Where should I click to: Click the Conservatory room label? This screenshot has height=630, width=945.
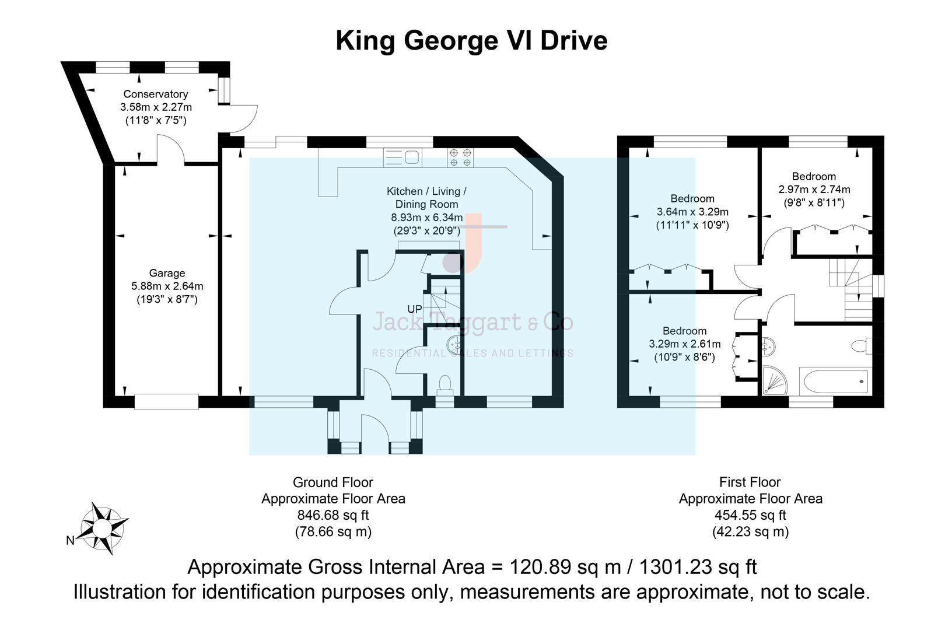tap(156, 94)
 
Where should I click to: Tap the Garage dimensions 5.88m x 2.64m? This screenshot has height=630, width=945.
tap(167, 286)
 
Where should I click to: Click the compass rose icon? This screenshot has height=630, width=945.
tap(103, 528)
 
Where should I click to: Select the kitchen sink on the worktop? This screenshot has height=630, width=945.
tap(402, 157)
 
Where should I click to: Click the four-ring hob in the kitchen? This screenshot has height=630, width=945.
tap(460, 157)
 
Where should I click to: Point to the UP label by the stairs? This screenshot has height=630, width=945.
tap(414, 309)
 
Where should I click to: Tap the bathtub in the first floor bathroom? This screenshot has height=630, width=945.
tap(835, 381)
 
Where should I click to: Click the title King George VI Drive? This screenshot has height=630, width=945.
tap(471, 41)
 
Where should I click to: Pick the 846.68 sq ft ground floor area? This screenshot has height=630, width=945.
tap(332, 515)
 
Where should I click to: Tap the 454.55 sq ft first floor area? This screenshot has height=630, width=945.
tap(750, 515)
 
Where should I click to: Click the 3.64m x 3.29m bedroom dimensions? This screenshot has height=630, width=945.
tap(692, 212)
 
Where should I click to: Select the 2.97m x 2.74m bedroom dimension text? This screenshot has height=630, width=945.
tap(814, 190)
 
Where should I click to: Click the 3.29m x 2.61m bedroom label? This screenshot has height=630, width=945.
tap(684, 344)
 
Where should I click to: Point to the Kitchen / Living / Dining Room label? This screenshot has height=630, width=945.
tap(426, 198)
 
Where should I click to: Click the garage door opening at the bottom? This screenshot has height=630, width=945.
tap(166, 401)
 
